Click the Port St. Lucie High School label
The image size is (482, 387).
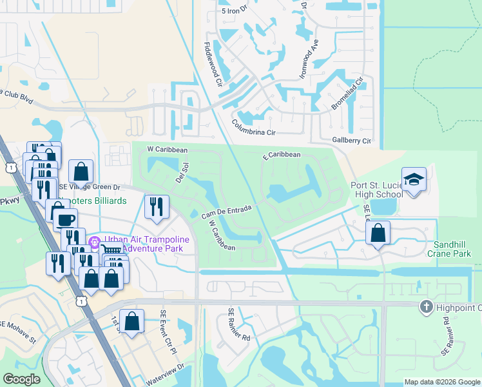point(376,190)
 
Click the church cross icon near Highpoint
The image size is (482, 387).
point(425,307)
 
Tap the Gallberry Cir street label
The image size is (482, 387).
point(351,141)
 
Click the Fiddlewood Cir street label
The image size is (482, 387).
point(213,65)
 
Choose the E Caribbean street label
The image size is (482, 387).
point(281,155)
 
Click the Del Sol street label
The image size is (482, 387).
point(181,172)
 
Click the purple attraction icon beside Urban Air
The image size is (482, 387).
point(94,243)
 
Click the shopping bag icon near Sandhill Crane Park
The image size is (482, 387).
point(378,233)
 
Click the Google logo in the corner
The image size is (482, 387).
point(22,379)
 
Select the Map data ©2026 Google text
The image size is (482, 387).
point(441,382)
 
